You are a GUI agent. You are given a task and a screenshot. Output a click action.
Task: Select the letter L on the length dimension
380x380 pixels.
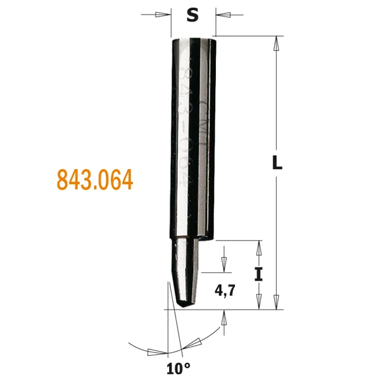click(x=277, y=162)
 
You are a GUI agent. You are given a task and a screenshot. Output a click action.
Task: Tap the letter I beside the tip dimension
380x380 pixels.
click(x=258, y=274)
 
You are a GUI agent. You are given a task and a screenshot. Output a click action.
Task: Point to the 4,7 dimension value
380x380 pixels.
click(x=226, y=291)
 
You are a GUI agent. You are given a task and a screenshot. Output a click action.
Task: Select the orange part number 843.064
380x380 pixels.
click(x=95, y=180)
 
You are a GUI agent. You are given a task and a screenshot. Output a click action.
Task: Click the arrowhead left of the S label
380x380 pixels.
click(x=163, y=15)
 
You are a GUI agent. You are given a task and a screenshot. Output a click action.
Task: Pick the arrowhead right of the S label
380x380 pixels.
click(x=224, y=15)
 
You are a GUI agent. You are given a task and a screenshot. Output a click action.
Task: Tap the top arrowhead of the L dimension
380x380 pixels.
click(x=277, y=44)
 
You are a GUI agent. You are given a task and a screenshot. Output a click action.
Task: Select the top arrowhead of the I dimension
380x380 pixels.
click(x=258, y=248)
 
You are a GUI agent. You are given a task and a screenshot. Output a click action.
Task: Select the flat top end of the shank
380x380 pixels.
click(x=194, y=39)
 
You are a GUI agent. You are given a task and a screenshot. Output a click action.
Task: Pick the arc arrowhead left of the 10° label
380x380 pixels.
click(x=152, y=352)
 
